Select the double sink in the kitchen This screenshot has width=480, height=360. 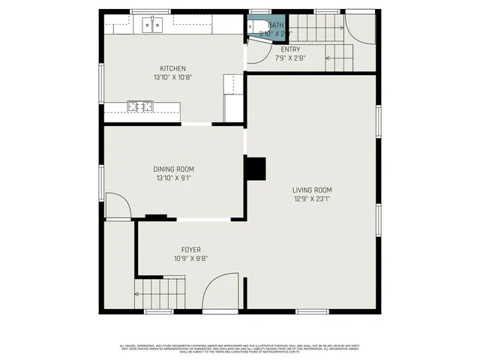153,25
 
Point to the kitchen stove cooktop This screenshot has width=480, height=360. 139,106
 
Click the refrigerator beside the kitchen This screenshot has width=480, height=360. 233,97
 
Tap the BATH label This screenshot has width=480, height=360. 276,25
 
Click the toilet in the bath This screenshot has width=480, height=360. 253,27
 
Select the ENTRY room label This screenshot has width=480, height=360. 290,49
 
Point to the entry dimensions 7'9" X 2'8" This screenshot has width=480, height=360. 290,58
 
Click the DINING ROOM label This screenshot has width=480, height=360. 174,169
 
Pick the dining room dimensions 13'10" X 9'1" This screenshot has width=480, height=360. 174,178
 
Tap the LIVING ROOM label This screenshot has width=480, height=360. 312,190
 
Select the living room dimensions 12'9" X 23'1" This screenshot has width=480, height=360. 312,199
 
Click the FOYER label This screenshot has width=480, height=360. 190,250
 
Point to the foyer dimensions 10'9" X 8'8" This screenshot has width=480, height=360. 190,259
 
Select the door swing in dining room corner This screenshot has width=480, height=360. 117,206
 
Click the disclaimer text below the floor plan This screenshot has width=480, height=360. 240,347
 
